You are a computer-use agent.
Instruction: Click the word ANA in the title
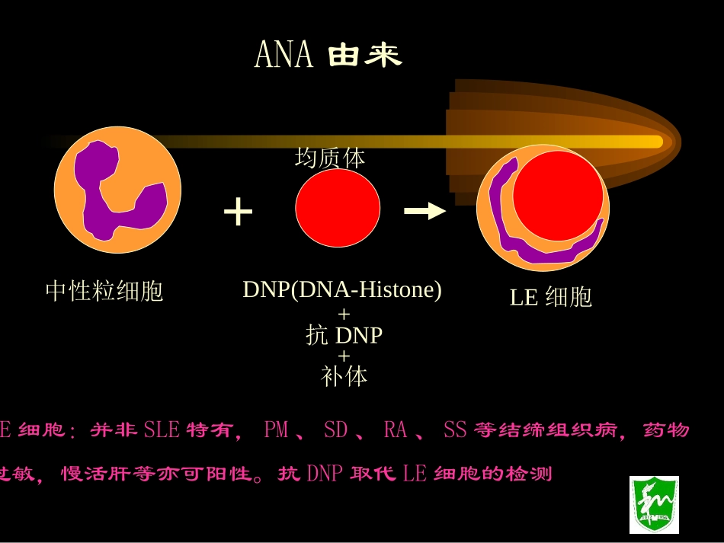[x=283, y=55]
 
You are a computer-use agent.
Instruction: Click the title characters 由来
[x=364, y=55]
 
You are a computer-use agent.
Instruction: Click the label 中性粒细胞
[x=104, y=291]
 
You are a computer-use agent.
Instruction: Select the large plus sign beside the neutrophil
[x=238, y=212]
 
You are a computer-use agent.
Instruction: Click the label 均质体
[x=330, y=158]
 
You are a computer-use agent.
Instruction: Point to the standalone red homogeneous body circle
[x=338, y=208]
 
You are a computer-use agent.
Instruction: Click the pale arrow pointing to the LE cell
[x=424, y=211]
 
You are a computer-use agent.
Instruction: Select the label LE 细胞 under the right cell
[x=551, y=297]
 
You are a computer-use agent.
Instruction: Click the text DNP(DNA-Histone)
[x=342, y=290]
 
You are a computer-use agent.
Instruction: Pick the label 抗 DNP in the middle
[x=344, y=335]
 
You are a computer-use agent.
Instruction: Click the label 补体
[x=344, y=376]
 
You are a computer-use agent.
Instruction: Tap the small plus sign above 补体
[x=344, y=356]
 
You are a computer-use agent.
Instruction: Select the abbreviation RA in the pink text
[x=396, y=430]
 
